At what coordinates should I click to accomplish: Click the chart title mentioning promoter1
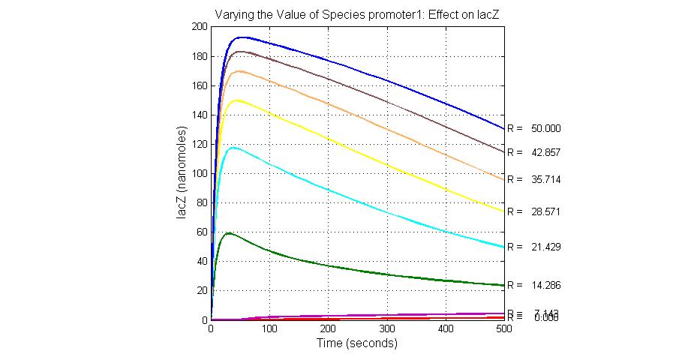pos(357,13)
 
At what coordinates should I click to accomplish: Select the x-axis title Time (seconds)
pos(357,344)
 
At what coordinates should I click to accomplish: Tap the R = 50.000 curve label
pos(534,128)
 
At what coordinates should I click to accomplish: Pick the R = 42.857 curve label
pos(534,152)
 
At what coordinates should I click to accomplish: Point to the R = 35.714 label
pos(534,180)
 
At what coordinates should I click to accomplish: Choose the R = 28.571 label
pos(534,212)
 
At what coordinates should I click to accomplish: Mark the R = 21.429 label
pos(534,247)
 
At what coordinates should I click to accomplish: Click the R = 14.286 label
pos(534,286)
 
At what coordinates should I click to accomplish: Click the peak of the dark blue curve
pos(241,37)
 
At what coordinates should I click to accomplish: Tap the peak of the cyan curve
pos(234,148)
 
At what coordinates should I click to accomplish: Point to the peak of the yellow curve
pos(237,100)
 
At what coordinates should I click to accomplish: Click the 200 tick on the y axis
pos(199,27)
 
